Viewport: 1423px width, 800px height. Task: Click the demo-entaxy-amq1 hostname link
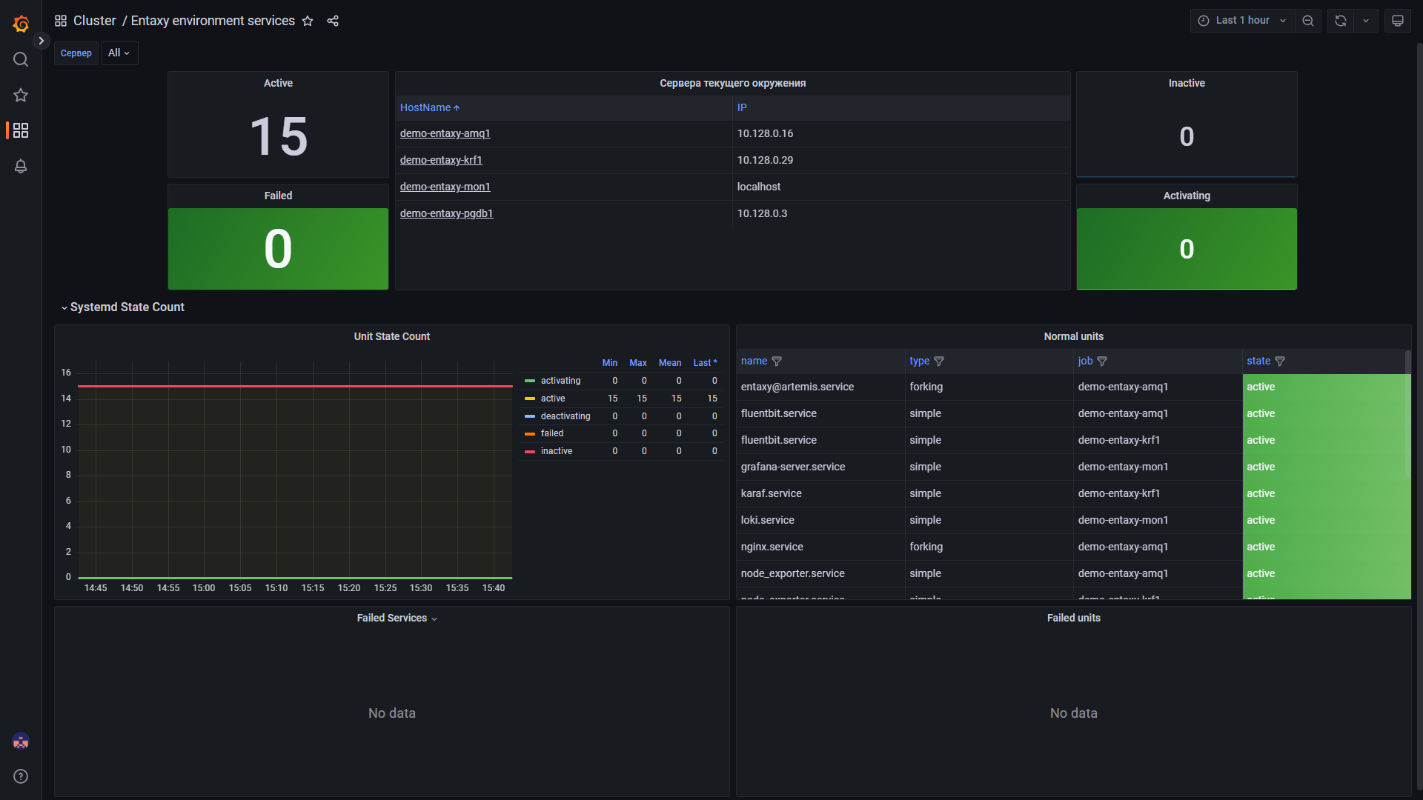coord(445,133)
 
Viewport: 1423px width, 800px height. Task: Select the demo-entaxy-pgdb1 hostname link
coord(446,213)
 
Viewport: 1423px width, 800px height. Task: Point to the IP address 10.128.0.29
coord(765,160)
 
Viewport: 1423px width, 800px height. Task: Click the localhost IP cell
coord(758,187)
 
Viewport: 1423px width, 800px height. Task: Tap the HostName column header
coord(425,107)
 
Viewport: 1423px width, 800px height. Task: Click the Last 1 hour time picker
coord(1242,21)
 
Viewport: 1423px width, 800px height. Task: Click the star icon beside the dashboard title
coord(308,21)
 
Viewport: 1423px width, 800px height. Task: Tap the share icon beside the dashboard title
coord(333,21)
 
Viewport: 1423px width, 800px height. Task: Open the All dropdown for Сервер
coord(119,53)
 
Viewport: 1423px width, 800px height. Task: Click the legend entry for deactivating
coord(565,416)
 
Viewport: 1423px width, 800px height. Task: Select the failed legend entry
coord(551,433)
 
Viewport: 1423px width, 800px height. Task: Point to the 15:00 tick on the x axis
coord(204,588)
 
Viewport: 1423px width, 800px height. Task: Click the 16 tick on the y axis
coord(66,373)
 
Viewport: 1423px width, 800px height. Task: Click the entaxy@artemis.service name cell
coord(797,387)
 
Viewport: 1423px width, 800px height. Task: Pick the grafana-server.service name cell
coord(792,467)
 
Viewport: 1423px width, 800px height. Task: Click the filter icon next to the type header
coord(939,361)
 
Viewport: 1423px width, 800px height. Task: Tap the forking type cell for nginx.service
coord(926,547)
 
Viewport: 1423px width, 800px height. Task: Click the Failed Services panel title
coord(391,618)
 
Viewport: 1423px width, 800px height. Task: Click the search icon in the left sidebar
coord(21,59)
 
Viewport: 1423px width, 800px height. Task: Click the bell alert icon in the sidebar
coord(21,166)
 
